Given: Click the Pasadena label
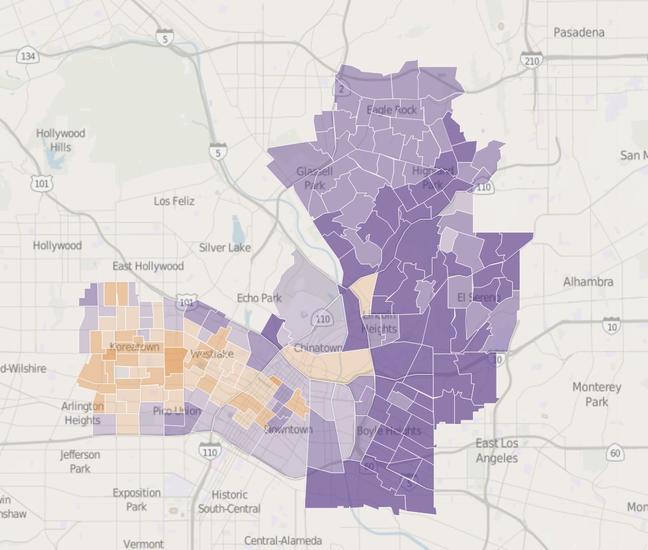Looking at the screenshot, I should point(579,32).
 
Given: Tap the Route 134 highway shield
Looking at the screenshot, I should point(27,57).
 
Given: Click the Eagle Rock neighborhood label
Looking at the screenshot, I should point(392,110).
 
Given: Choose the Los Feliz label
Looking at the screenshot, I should point(174,201).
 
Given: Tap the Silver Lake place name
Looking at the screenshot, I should point(225,248).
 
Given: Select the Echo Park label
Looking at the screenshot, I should point(259,298).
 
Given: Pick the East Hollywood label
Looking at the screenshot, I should point(148,266).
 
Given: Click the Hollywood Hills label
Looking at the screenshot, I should point(60,140).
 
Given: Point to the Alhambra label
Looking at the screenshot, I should point(588,282).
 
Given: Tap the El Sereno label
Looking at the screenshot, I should point(478,297).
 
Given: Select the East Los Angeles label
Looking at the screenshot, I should point(497,451).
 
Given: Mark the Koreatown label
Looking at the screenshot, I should point(135,347).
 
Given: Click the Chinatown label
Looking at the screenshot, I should point(318,347).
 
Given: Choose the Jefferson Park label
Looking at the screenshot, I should point(80,461).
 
